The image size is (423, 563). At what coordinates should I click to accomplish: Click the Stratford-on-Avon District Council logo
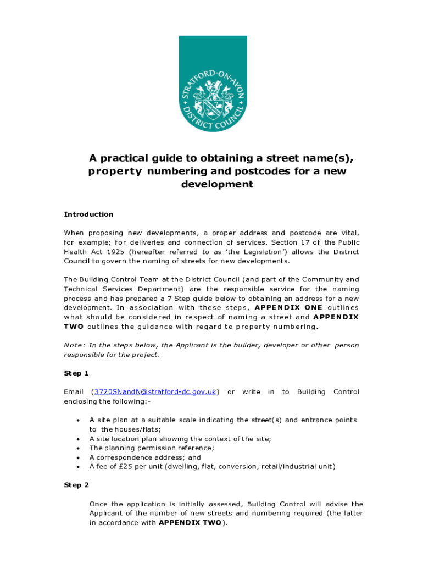pyautogui.click(x=213, y=84)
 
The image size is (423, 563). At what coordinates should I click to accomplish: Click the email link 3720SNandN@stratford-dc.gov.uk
pyautogui.click(x=155, y=392)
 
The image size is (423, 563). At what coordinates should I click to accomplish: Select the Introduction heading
pyautogui.click(x=88, y=214)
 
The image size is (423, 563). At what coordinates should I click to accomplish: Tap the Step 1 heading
pyautogui.click(x=76, y=373)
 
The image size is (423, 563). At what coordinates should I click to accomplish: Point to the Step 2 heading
pyautogui.click(x=76, y=485)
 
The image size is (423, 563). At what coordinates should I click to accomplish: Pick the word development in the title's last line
pyautogui.click(x=217, y=185)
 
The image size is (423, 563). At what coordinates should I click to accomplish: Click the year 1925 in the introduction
pyautogui.click(x=107, y=252)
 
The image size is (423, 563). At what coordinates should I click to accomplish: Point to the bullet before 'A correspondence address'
pyautogui.click(x=76, y=457)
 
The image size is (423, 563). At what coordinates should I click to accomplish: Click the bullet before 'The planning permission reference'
pyautogui.click(x=76, y=448)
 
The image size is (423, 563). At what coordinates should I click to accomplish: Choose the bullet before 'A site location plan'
pyautogui.click(x=76, y=439)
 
